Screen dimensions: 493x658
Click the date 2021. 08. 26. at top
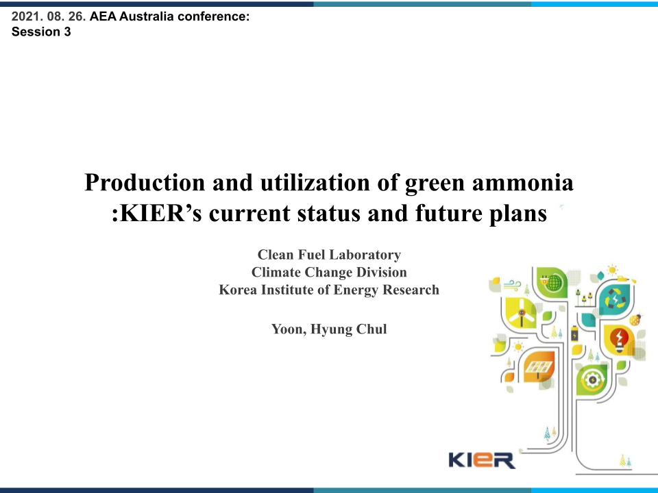49,19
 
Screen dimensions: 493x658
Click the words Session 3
41,32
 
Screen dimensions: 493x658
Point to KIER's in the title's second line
158,213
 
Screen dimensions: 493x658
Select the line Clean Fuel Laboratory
329,255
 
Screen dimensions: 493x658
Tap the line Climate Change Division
329,273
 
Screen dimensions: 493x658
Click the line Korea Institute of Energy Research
329,290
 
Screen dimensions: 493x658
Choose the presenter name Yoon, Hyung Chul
329,329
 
